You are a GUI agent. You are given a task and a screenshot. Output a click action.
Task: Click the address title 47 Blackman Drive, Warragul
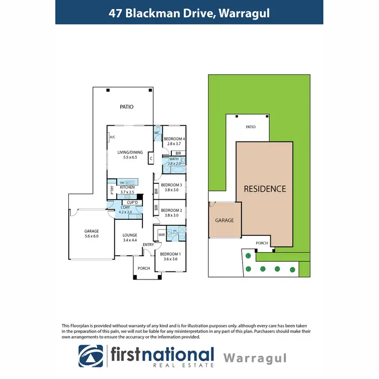point(189,13)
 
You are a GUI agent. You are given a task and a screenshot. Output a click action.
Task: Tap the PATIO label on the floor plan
point(126,107)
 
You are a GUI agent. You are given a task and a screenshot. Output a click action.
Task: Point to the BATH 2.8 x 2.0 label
point(174,162)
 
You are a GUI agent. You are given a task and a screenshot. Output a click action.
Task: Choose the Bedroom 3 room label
point(171,187)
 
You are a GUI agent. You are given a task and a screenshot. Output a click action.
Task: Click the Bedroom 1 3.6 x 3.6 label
point(170,256)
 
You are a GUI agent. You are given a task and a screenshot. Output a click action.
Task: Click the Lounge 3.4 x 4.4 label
point(130,238)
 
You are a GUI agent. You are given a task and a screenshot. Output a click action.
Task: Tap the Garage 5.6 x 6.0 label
point(91,234)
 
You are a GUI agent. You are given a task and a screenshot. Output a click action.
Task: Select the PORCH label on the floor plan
point(144,268)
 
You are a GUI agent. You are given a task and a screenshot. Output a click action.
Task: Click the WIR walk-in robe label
point(162,234)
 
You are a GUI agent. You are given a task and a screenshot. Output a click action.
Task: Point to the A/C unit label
point(112,136)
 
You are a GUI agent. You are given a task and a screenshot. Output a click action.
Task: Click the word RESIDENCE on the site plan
point(265,189)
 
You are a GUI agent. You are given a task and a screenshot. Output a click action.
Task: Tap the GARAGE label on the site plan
point(224,220)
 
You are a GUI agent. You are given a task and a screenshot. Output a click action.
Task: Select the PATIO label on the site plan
point(250,127)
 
